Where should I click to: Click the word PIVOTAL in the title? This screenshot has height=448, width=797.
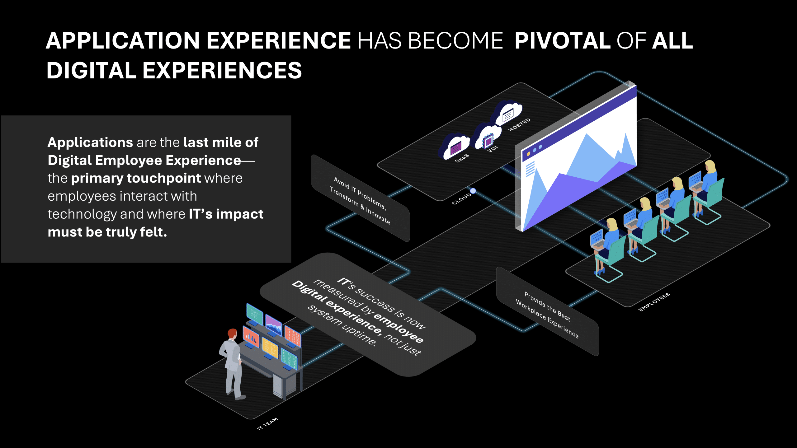562,41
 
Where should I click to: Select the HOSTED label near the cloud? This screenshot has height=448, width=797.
519,125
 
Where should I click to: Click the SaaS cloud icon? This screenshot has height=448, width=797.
455,146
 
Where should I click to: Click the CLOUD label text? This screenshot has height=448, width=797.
462,199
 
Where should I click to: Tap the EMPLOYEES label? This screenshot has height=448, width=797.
654,302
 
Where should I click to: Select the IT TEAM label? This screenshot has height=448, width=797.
267,424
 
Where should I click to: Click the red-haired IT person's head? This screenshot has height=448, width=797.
232,334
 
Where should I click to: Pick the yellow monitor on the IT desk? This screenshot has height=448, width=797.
270,348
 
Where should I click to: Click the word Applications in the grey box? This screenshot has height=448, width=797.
90,143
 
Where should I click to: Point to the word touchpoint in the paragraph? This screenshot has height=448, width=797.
164,179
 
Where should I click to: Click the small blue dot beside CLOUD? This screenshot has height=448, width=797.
473,191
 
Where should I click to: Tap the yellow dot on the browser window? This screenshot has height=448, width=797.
528,154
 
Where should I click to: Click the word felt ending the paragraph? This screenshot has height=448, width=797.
151,232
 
